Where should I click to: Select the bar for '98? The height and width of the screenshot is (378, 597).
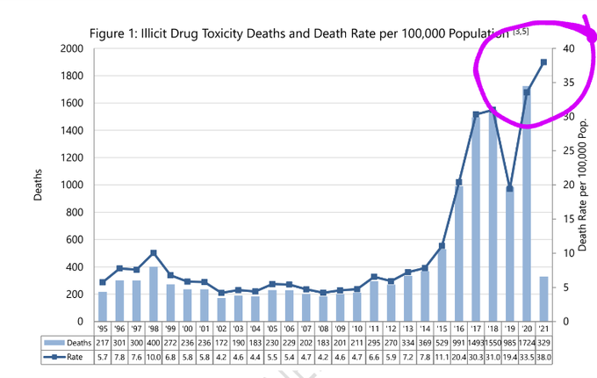coord(153,294)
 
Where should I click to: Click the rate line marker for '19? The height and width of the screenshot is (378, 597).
coord(509,188)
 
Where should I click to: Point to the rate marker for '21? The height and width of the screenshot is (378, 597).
coord(543,62)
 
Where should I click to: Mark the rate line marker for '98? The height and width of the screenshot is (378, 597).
coord(153,253)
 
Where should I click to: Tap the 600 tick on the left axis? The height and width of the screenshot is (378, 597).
coord(74,240)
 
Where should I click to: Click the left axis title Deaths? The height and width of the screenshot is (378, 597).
coord(38,185)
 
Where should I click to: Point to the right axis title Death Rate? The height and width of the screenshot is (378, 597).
coord(582,185)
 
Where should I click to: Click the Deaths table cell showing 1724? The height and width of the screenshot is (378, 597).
coord(526,341)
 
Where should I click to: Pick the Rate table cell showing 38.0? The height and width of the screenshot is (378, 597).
coord(543,356)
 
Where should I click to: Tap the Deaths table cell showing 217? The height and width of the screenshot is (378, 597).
coord(102,341)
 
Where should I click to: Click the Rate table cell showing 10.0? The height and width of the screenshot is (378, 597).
coord(153,356)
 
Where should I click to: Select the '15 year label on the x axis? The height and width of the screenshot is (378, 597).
coord(442,328)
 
